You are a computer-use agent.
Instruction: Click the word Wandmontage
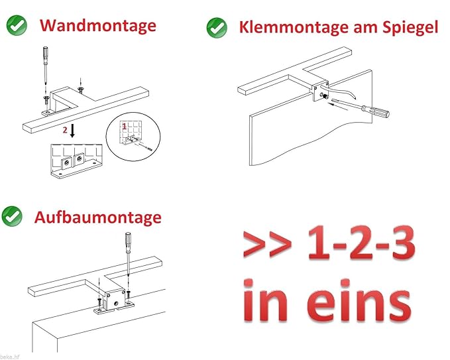98,25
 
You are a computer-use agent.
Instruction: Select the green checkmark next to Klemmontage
217,27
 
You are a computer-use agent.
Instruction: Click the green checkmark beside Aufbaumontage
13,216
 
